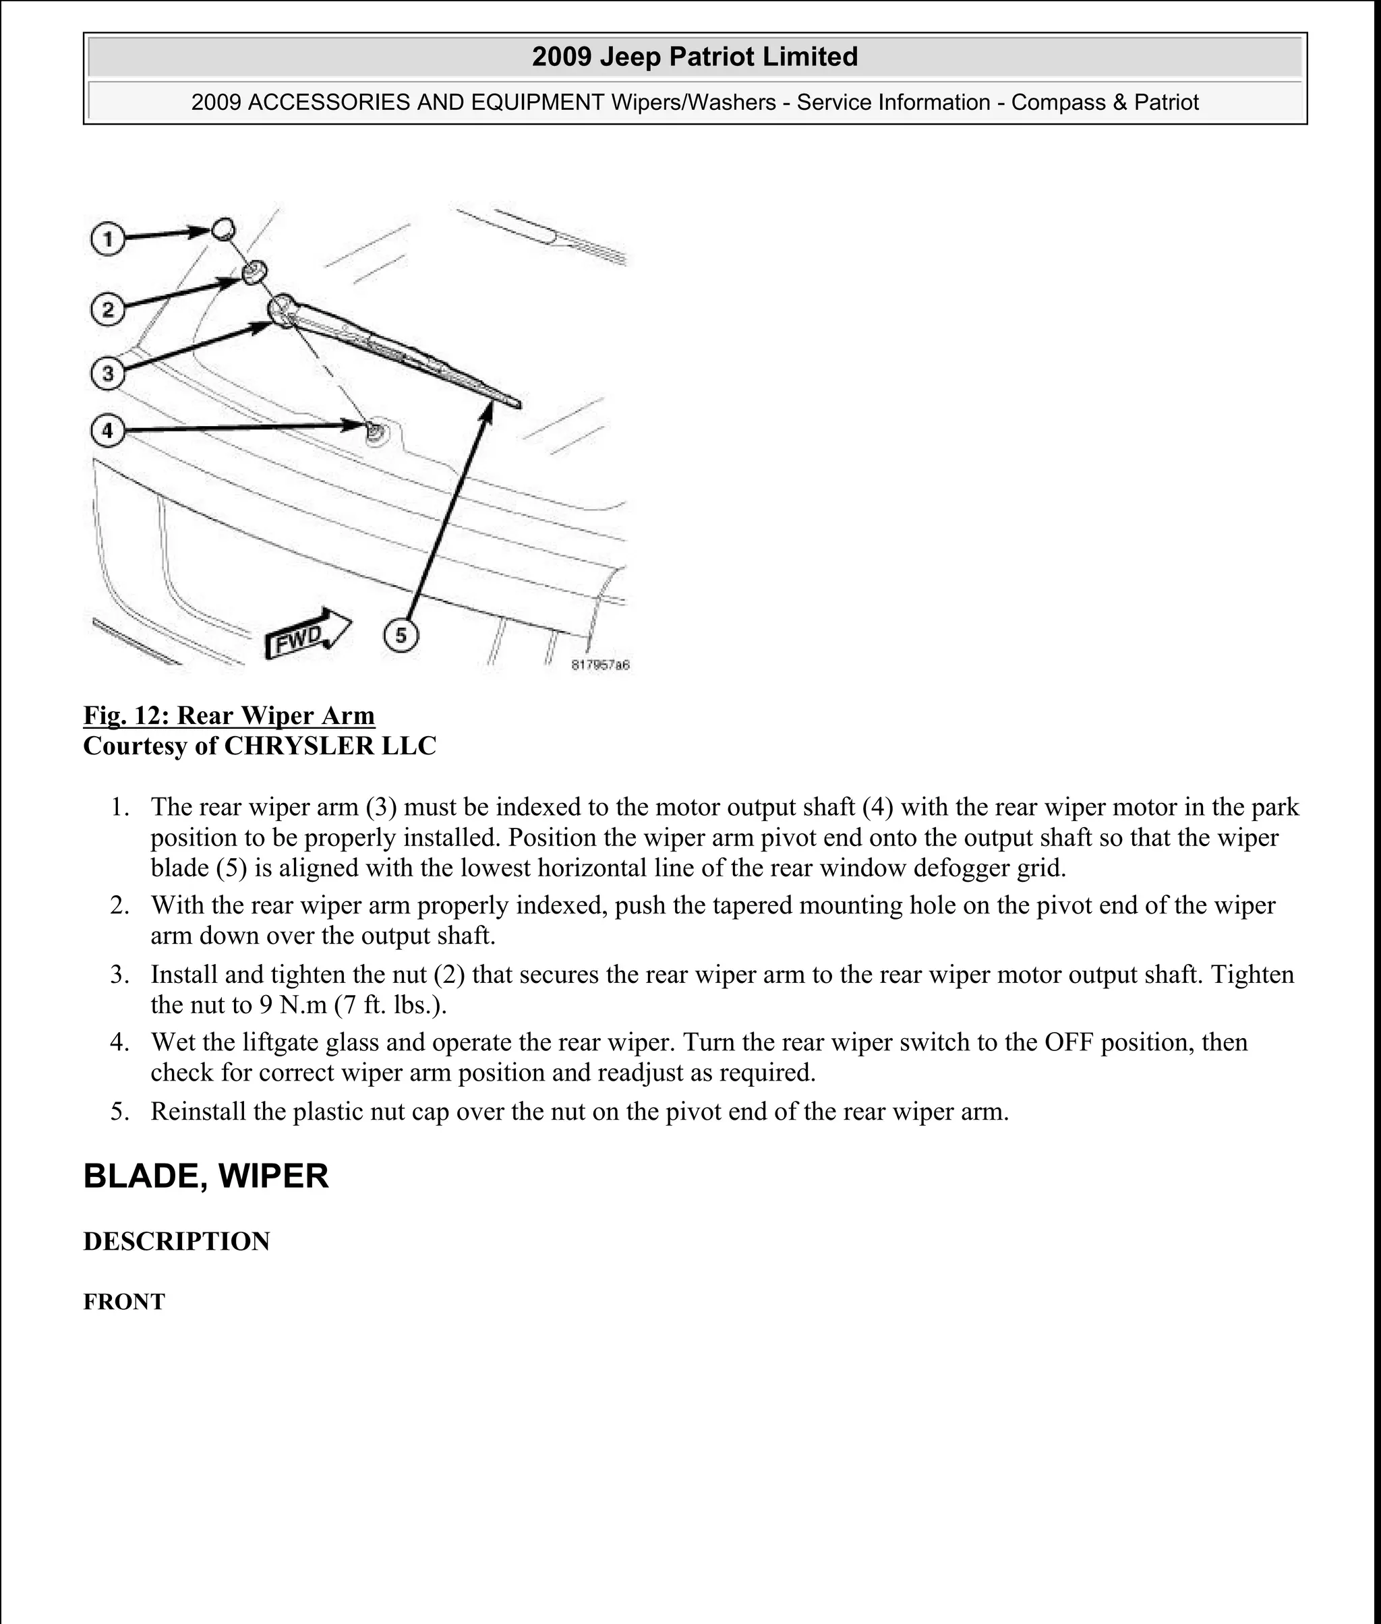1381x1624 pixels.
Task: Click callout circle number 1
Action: [x=108, y=238]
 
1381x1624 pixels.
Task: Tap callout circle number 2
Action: [x=108, y=309]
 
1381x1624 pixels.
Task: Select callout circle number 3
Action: [x=108, y=373]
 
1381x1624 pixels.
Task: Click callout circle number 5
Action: [x=401, y=635]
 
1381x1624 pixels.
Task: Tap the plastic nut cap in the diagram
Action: [x=223, y=229]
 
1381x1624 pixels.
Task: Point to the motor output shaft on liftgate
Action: [x=375, y=431]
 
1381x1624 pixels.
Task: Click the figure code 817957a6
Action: [x=600, y=665]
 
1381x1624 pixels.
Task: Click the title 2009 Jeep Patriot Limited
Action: [x=695, y=57]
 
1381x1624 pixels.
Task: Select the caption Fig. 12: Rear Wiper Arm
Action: [x=229, y=715]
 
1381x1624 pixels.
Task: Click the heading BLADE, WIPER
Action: [x=206, y=1176]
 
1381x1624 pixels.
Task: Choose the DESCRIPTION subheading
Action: [x=176, y=1241]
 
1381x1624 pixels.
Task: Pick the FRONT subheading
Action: [x=123, y=1302]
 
